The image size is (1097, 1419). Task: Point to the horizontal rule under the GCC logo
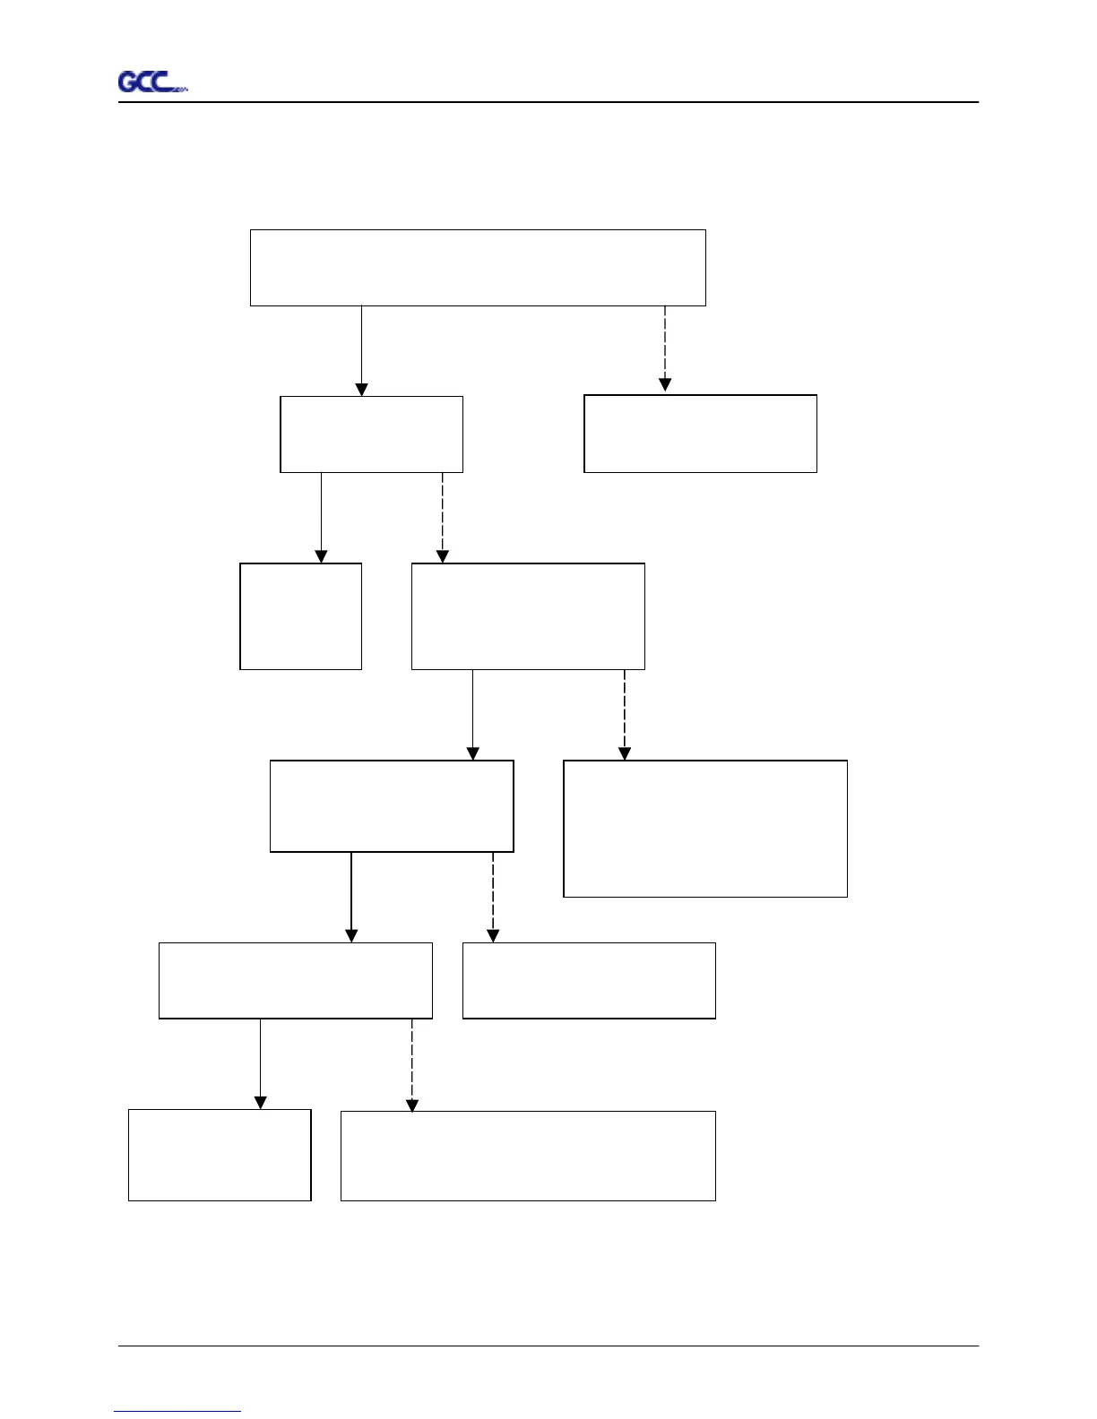548,102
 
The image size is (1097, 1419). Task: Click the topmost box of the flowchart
478,268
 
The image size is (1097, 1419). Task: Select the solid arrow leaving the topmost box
361,349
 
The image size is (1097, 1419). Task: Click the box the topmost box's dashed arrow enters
700,434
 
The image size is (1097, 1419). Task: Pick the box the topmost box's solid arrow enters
371,434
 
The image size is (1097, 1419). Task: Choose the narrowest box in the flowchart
300,616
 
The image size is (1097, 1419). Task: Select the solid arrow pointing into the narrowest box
321,517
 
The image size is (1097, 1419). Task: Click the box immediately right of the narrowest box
528,616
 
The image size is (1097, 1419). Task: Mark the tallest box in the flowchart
705,829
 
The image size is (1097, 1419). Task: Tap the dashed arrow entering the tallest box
625,714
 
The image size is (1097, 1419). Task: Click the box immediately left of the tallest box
392,806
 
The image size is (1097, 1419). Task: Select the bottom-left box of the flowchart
220,1155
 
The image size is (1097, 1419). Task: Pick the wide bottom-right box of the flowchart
528,1156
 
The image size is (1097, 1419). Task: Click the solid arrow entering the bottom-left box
261,1063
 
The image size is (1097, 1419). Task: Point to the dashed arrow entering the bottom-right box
412,1064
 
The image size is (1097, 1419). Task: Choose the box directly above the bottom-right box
589,980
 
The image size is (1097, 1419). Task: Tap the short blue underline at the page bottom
177,1411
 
